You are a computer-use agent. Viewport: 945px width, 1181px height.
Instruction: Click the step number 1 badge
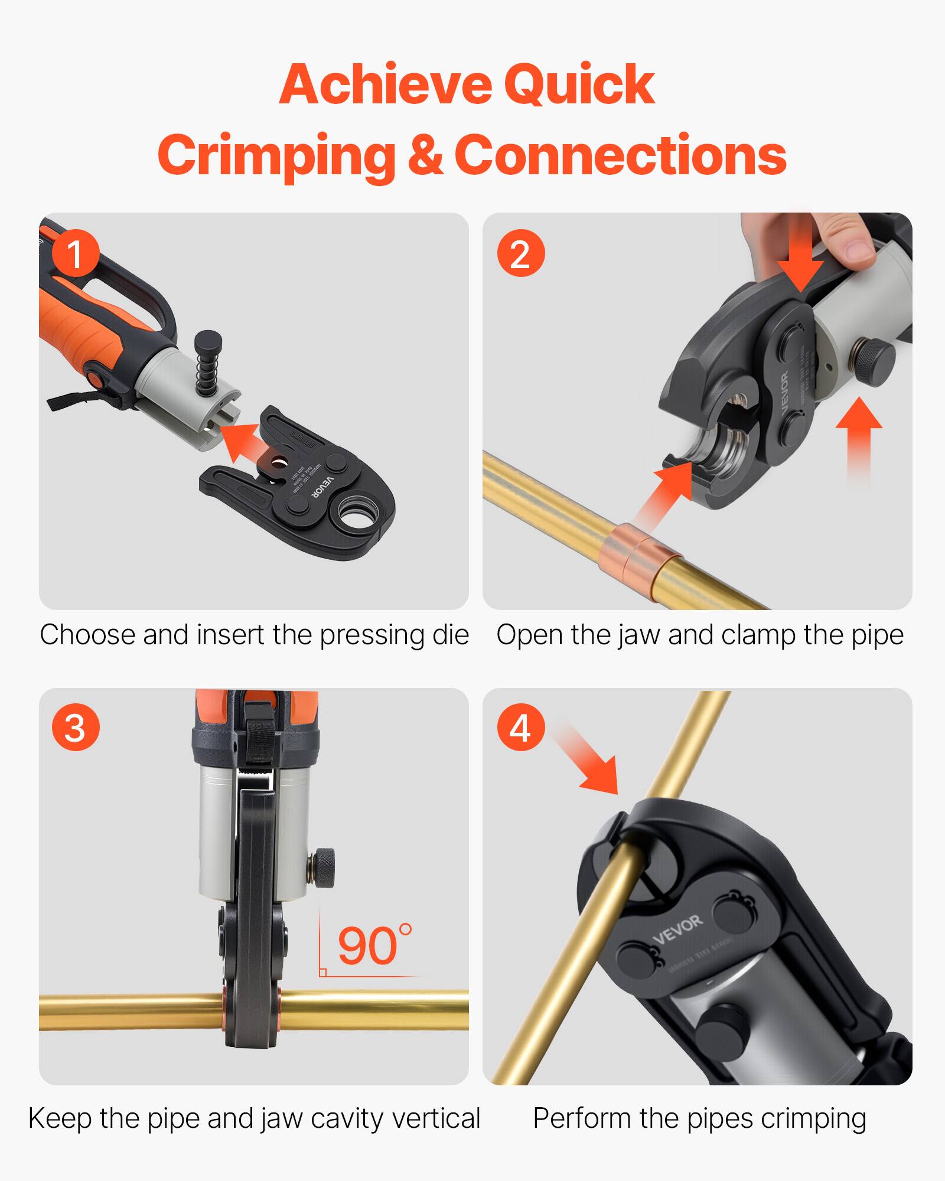tap(76, 254)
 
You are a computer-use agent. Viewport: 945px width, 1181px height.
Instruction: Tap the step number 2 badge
tap(520, 254)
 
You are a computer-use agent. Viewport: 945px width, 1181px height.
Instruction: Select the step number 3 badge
tap(76, 727)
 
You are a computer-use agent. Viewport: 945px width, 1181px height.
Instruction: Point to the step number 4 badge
tap(520, 727)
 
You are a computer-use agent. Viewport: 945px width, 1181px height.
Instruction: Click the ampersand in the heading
tap(424, 155)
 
